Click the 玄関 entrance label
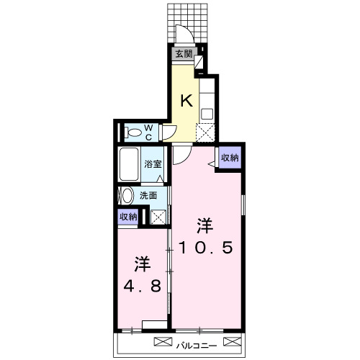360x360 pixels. tap(184, 54)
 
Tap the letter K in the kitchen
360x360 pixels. tap(186, 101)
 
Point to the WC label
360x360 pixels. tap(149, 132)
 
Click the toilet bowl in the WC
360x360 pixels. tap(134, 132)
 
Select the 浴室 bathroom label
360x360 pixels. tap(153, 164)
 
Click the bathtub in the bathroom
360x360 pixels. tap(129, 164)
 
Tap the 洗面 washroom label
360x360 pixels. tap(148, 196)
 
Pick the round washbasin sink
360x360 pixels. tap(127, 196)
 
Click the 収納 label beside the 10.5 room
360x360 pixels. tap(230, 158)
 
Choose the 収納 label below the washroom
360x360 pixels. tap(128, 217)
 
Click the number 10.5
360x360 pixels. tap(206, 248)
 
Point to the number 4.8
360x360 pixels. tap(142, 286)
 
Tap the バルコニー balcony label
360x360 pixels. tap(197, 346)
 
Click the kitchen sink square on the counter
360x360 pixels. tap(207, 114)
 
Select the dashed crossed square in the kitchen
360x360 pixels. tap(205, 132)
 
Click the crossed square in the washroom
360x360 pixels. tap(158, 217)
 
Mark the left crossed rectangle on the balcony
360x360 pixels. tap(163, 342)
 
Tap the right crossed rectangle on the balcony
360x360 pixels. tap(232, 341)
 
